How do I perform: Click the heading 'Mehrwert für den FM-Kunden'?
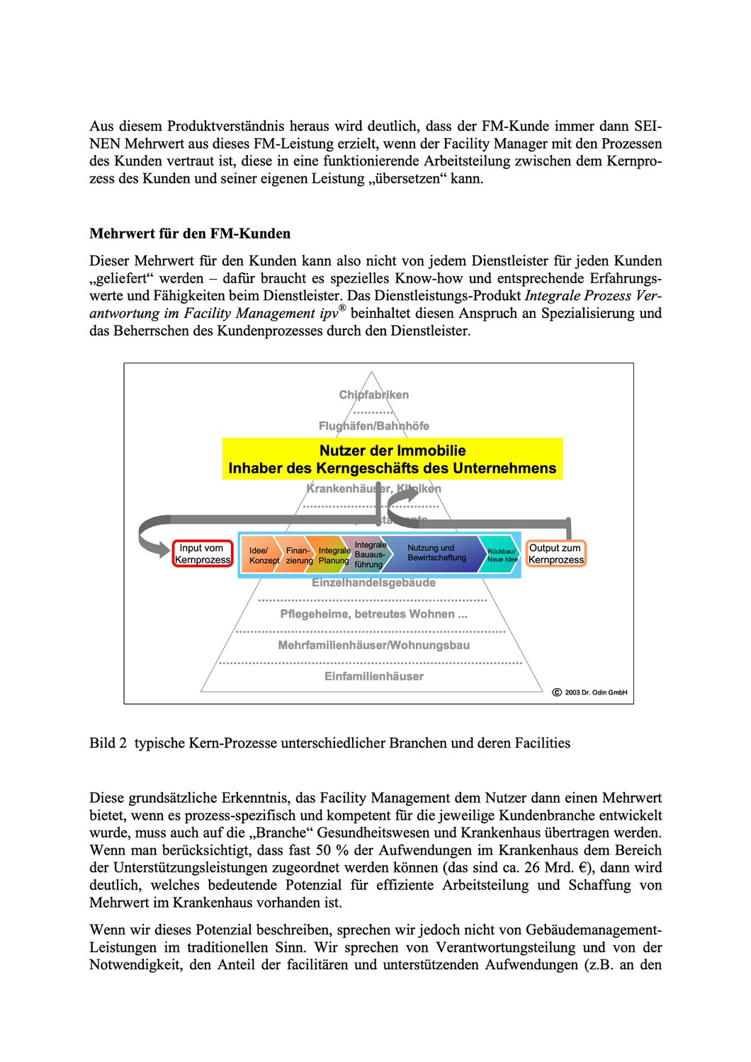(190, 234)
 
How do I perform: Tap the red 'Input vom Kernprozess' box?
(203, 554)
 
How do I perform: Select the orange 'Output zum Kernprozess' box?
(556, 554)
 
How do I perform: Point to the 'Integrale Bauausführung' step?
(370, 554)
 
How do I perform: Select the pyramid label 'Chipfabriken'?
(373, 395)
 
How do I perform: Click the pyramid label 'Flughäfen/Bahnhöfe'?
(373, 426)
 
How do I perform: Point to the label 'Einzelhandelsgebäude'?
(373, 583)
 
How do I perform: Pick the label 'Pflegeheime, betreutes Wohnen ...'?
(373, 614)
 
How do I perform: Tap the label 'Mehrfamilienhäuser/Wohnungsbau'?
(373, 645)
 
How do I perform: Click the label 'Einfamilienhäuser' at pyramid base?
(373, 676)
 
